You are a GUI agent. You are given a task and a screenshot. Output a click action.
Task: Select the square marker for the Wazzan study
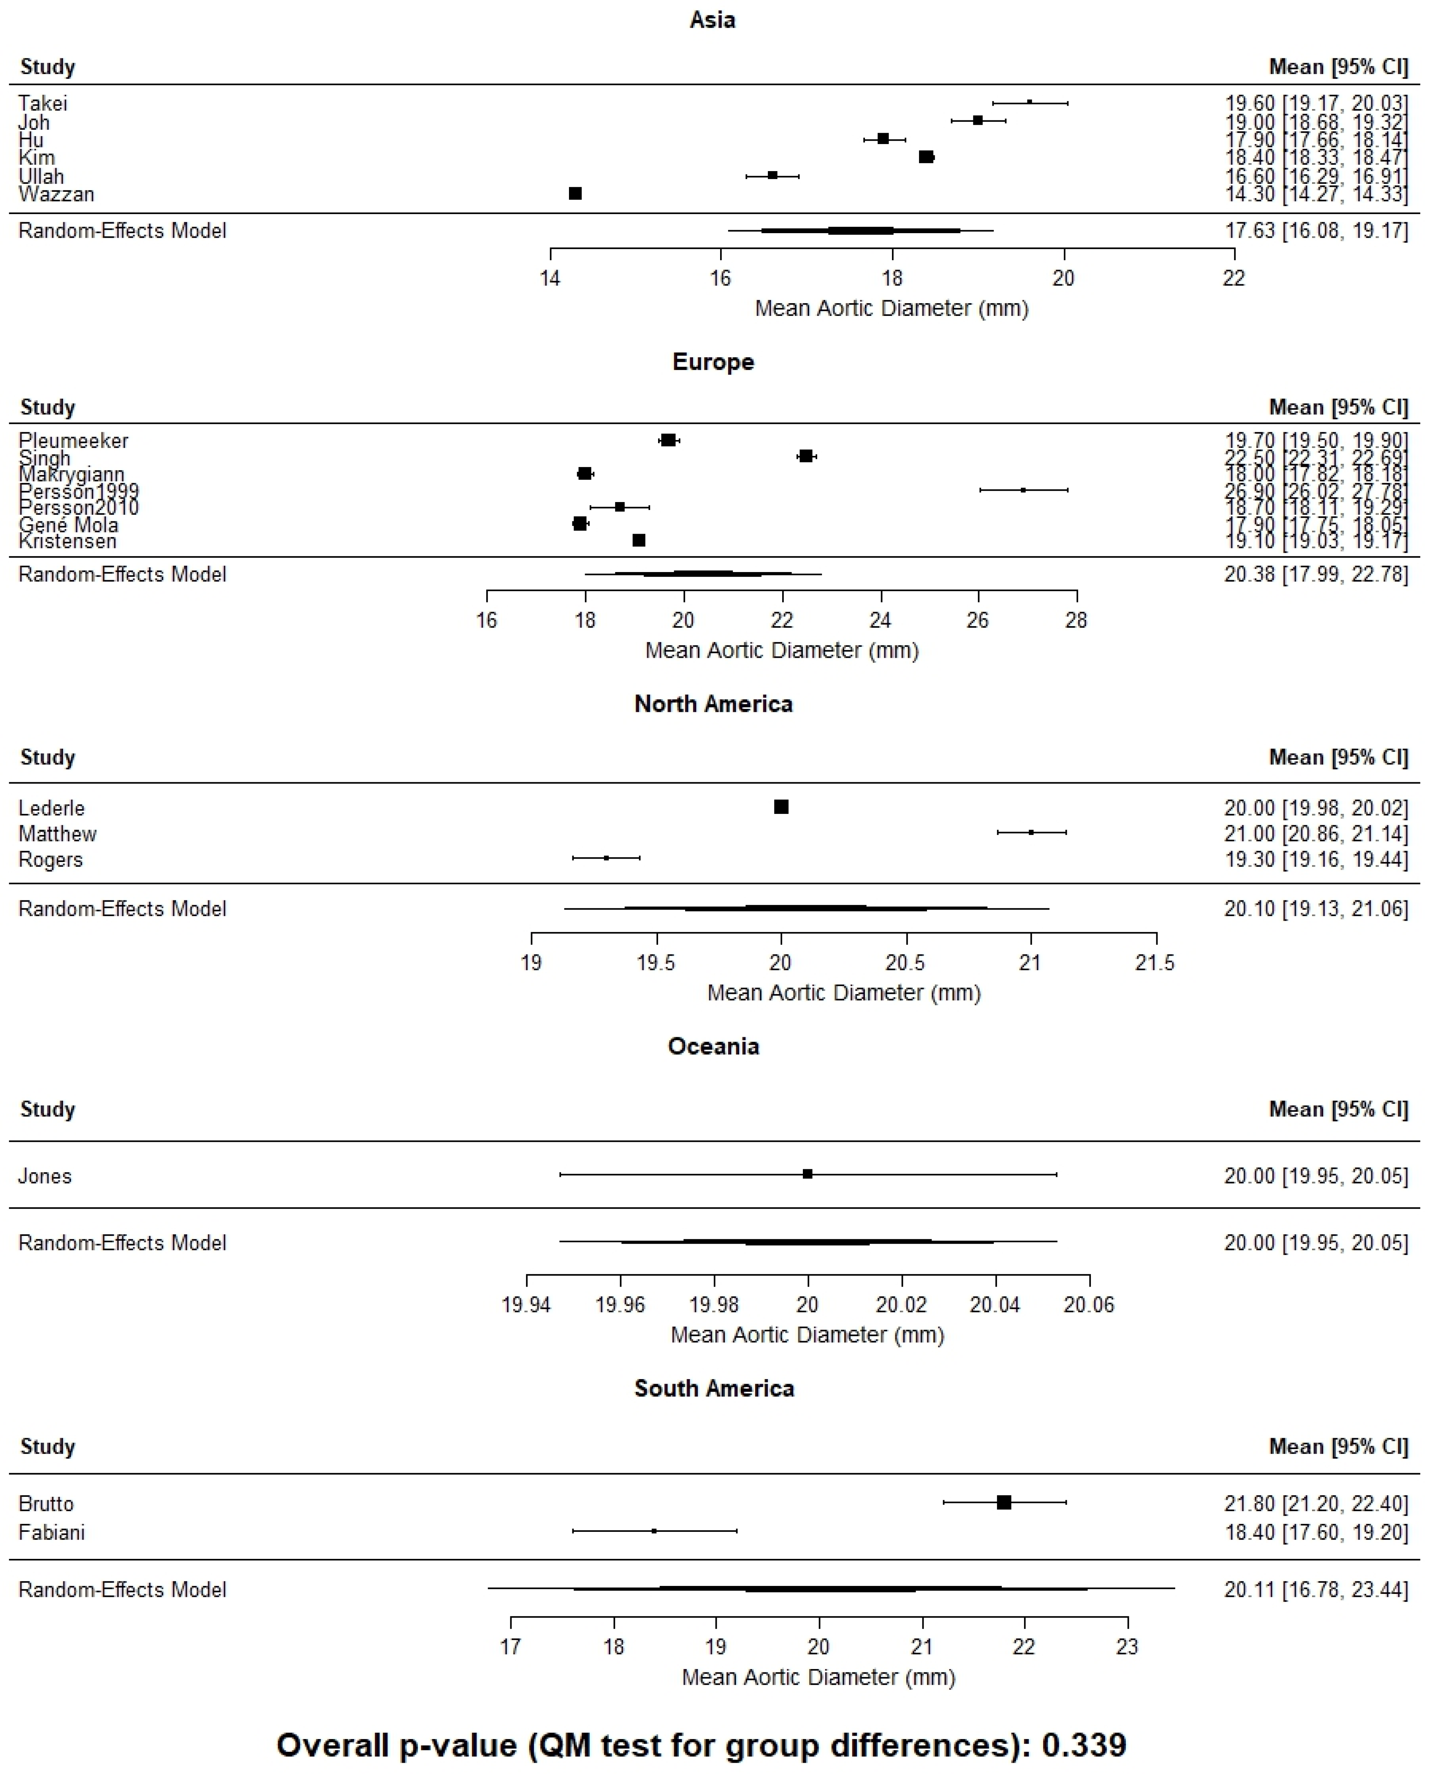point(575,193)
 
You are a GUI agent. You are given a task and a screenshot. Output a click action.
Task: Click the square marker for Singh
point(806,456)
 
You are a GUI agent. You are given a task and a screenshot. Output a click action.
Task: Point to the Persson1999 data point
point(1023,490)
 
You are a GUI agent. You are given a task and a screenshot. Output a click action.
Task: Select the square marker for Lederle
point(781,807)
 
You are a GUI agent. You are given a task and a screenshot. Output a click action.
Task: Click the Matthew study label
point(58,834)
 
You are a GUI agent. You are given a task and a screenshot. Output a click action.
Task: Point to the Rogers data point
point(607,858)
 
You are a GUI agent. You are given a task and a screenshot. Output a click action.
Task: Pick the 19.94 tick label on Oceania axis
point(526,1305)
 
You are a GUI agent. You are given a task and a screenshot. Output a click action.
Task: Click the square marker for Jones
point(807,1174)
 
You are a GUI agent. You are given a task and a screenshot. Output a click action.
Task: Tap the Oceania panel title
point(713,1046)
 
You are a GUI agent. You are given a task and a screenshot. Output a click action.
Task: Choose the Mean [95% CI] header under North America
point(1338,757)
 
